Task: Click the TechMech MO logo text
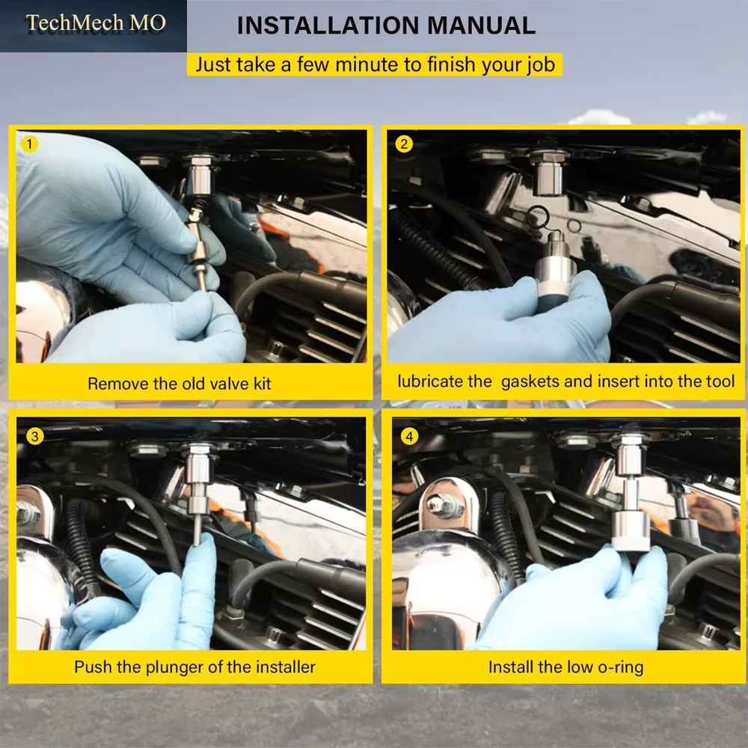(96, 23)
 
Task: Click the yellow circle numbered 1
(30, 144)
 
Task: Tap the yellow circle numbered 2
(404, 144)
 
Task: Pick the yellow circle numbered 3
(35, 436)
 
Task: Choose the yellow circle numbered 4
(409, 436)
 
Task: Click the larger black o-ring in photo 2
(538, 217)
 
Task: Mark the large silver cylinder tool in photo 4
(631, 531)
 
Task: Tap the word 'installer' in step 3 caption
(286, 667)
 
